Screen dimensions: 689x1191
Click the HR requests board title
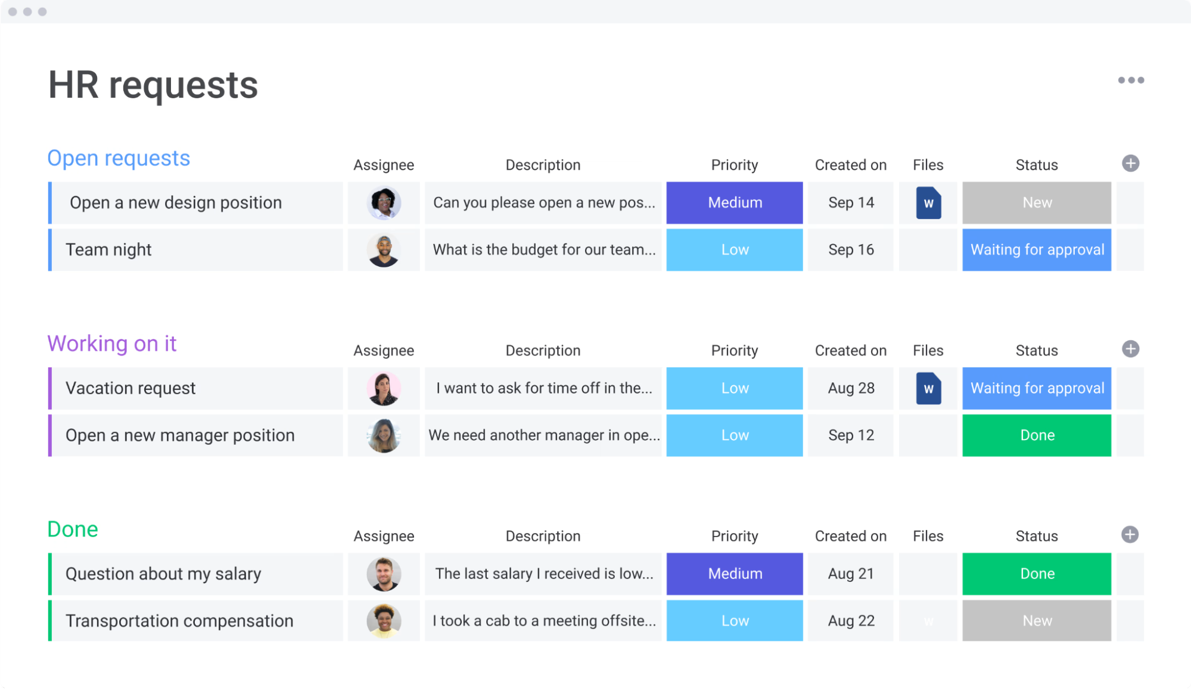coord(153,85)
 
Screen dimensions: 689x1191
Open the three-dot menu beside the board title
coord(1130,80)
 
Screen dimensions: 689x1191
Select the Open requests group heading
coord(119,158)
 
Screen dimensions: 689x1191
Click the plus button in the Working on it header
coord(1130,349)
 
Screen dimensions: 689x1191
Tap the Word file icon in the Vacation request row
coord(928,388)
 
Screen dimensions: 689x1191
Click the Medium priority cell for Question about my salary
coord(734,573)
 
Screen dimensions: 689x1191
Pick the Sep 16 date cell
coord(850,250)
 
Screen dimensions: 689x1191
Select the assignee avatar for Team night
coord(384,250)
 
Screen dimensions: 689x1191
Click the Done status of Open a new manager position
coord(1036,435)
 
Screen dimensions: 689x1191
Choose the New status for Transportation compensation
coord(1036,621)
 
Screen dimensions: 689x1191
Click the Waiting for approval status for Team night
coord(1036,250)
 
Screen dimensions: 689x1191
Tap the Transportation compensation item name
coord(179,621)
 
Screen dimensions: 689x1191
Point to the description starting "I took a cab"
coord(543,621)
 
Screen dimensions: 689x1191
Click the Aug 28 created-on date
coord(850,388)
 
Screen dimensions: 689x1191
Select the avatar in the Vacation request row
coord(384,388)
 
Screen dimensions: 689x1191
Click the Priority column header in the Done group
coord(734,536)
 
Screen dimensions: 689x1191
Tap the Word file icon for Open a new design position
coord(928,203)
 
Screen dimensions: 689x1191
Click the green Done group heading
coord(73,529)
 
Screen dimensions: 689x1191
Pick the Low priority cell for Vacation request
coord(734,388)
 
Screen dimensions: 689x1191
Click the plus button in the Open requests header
coord(1130,163)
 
